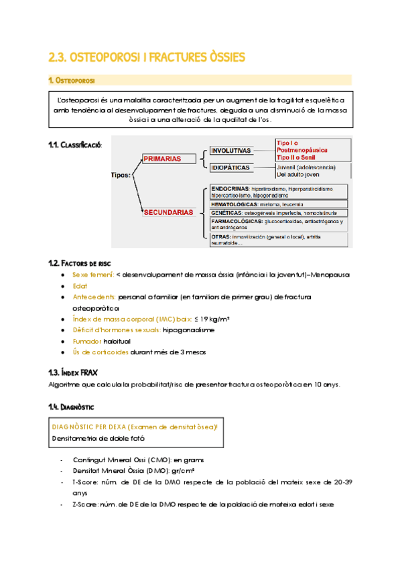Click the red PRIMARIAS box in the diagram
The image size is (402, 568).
click(x=162, y=159)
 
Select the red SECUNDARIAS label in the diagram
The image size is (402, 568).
click(x=167, y=212)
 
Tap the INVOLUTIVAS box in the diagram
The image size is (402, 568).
click(x=231, y=151)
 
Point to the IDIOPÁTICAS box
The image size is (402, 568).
click(x=231, y=167)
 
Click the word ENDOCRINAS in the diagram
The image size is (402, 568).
click(x=230, y=188)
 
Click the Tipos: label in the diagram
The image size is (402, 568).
click(x=122, y=175)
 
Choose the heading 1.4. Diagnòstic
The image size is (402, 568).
click(x=72, y=406)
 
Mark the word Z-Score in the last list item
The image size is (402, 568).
click(x=85, y=504)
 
